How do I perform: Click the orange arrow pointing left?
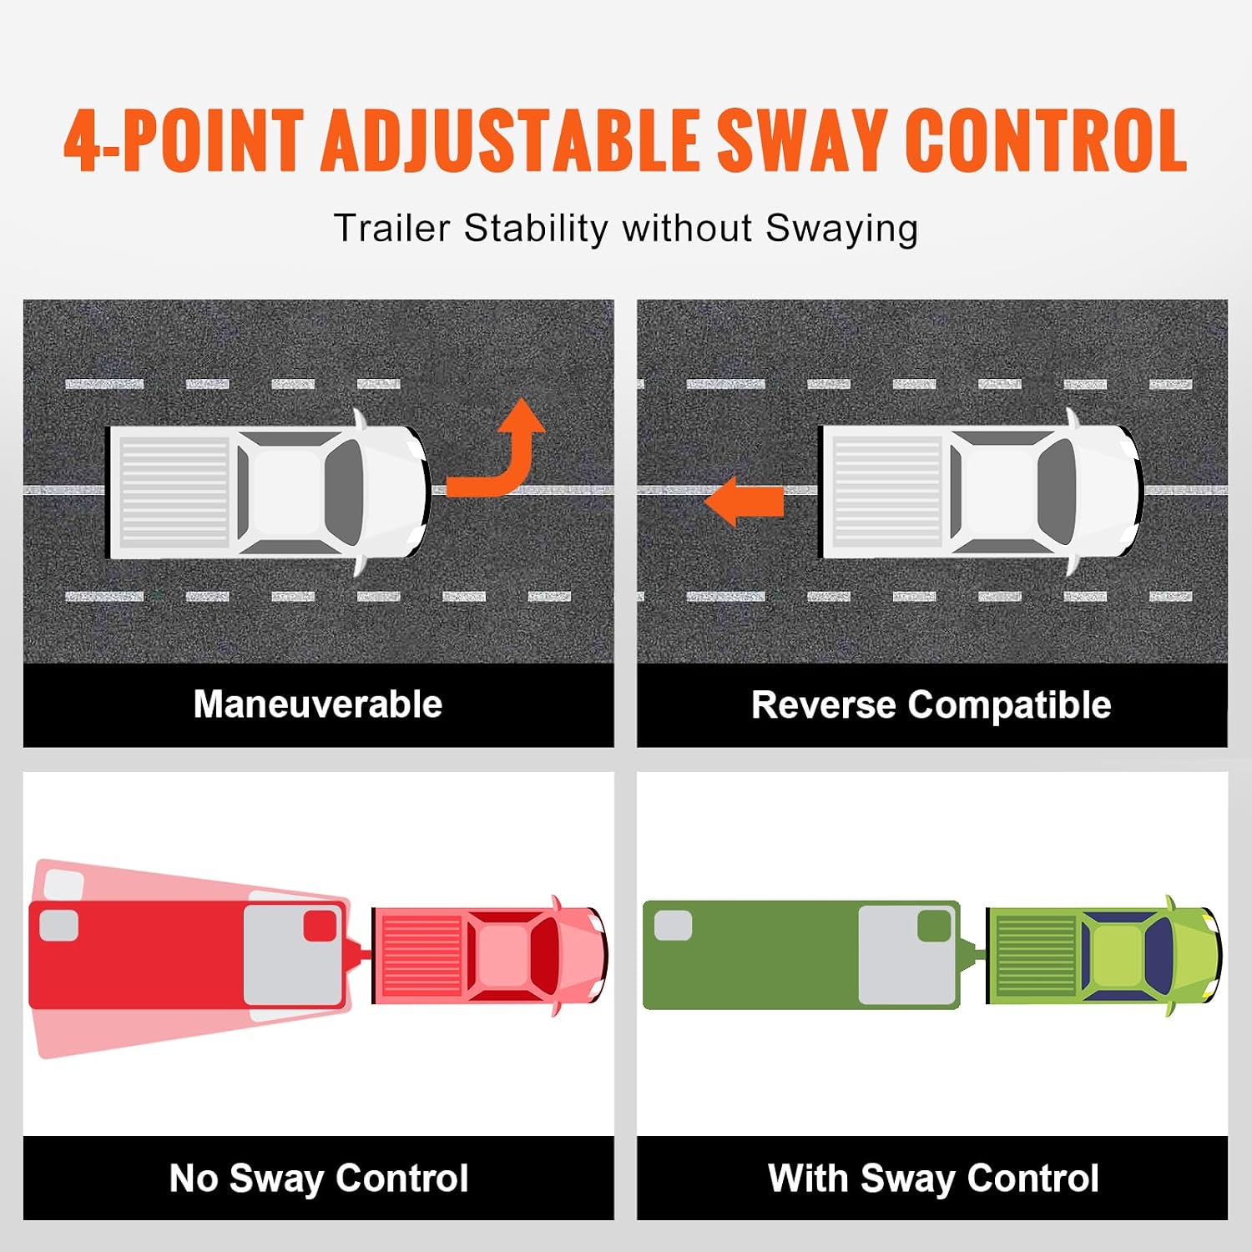(744, 502)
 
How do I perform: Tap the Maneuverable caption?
(318, 704)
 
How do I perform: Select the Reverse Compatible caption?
(931, 705)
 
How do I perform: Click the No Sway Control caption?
(319, 1179)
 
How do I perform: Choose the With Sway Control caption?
(933, 1179)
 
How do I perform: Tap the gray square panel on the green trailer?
(908, 955)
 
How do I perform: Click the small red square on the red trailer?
(320, 926)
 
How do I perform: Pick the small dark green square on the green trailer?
(934, 926)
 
